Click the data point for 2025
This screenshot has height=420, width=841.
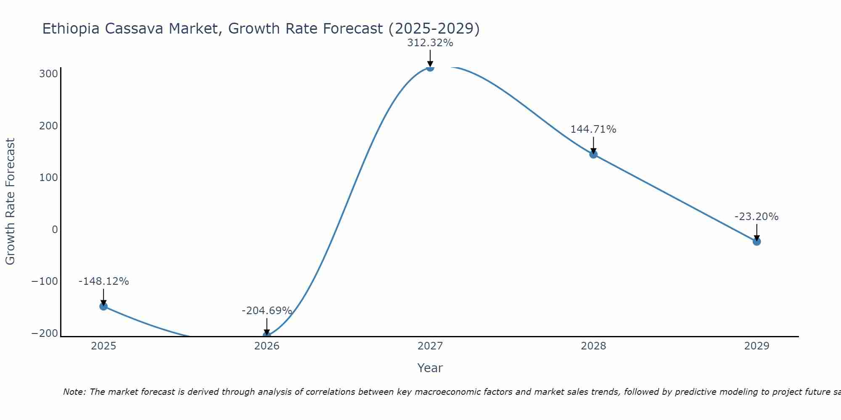point(103,306)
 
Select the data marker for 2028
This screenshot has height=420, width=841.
point(593,155)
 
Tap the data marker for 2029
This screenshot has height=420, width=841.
point(756,241)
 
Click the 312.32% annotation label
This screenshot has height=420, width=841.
point(430,43)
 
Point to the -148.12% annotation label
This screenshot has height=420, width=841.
point(103,281)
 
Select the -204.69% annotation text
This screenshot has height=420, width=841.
point(267,311)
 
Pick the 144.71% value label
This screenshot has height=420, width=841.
point(593,129)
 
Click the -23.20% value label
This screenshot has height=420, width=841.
point(756,217)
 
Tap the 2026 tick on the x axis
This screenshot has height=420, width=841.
point(267,346)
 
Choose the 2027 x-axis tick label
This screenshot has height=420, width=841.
point(430,346)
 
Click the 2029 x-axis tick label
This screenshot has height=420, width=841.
point(756,346)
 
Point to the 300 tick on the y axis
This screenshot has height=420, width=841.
point(48,74)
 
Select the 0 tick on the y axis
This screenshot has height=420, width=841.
point(55,229)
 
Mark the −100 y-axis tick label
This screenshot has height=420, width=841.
point(45,281)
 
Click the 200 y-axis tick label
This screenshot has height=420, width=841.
point(48,126)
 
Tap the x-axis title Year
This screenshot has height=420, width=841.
point(430,368)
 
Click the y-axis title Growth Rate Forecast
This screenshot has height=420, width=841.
point(10,201)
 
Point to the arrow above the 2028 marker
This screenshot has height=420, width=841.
point(593,145)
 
